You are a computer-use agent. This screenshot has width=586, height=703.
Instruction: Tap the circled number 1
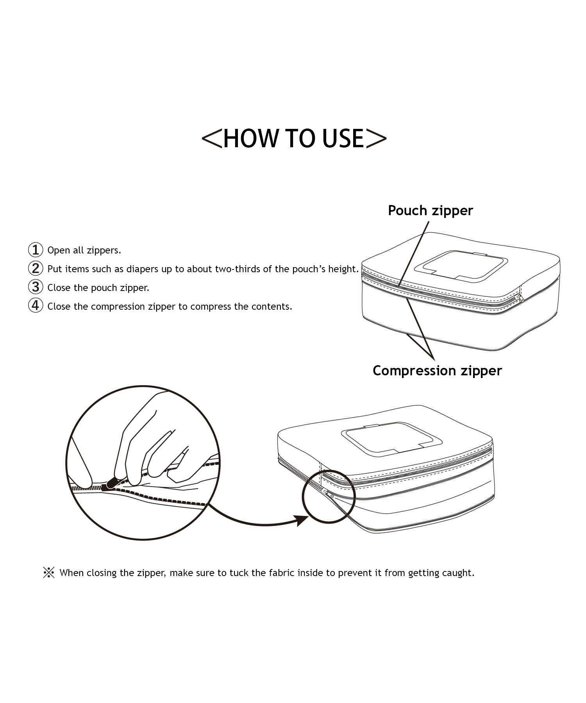click(x=36, y=250)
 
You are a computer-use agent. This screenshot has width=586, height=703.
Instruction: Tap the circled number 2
click(x=36, y=268)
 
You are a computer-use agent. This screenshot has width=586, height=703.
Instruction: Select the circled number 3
click(x=36, y=287)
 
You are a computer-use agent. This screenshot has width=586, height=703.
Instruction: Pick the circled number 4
click(x=36, y=306)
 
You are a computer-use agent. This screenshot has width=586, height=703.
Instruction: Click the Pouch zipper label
click(x=430, y=211)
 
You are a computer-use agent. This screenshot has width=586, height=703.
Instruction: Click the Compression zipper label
click(x=437, y=370)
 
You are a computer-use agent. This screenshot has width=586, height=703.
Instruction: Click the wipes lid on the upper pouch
click(x=461, y=266)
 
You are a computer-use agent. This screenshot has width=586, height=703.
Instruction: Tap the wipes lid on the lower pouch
click(x=391, y=438)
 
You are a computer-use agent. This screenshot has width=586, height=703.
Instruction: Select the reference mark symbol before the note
click(x=49, y=573)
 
